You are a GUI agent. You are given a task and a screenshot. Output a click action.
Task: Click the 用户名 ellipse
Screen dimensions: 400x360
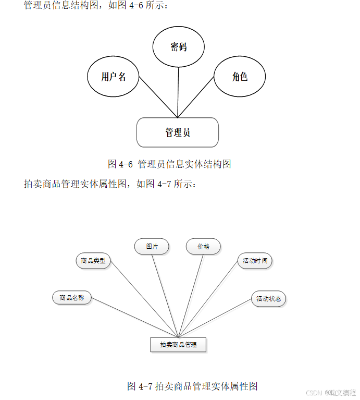click(x=114, y=77)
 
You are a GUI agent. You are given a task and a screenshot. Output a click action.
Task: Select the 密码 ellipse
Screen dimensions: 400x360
click(x=178, y=47)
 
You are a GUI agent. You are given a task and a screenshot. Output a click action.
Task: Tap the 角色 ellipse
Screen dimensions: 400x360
click(x=240, y=77)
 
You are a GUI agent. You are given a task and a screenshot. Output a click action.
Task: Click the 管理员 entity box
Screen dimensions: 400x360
click(x=177, y=132)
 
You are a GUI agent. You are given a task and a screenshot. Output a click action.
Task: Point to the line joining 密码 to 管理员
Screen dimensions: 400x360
click(x=178, y=91)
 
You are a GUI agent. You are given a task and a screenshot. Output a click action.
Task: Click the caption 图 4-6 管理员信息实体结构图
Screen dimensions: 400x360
click(x=169, y=164)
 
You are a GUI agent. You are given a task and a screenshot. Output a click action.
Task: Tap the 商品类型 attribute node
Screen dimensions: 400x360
click(x=94, y=261)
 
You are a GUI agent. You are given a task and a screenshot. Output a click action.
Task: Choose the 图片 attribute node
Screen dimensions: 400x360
click(x=152, y=246)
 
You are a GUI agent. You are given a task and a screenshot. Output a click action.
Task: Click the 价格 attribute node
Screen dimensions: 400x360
click(x=203, y=246)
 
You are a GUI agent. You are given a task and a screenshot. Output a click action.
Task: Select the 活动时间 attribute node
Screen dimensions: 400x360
click(x=255, y=261)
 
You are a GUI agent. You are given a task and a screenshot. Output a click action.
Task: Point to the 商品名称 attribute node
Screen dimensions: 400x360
click(x=72, y=298)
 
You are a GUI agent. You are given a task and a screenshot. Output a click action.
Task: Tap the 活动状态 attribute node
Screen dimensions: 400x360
click(x=268, y=299)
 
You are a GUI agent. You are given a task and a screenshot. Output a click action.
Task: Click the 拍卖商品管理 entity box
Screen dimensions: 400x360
click(x=178, y=345)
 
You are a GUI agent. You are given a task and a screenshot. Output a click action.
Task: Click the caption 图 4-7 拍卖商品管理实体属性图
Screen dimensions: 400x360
click(x=192, y=386)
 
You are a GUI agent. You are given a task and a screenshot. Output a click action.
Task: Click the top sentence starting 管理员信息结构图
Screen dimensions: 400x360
click(x=96, y=6)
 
